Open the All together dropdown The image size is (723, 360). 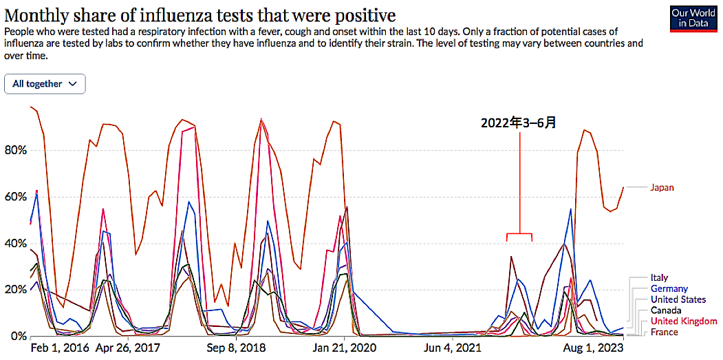[45, 84]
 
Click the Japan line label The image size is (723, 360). [662, 187]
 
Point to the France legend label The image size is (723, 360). [664, 332]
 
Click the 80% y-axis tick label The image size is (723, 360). [14, 151]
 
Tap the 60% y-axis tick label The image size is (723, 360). [14, 197]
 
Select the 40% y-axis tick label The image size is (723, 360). [14, 244]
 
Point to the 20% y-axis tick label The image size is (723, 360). [14, 290]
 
